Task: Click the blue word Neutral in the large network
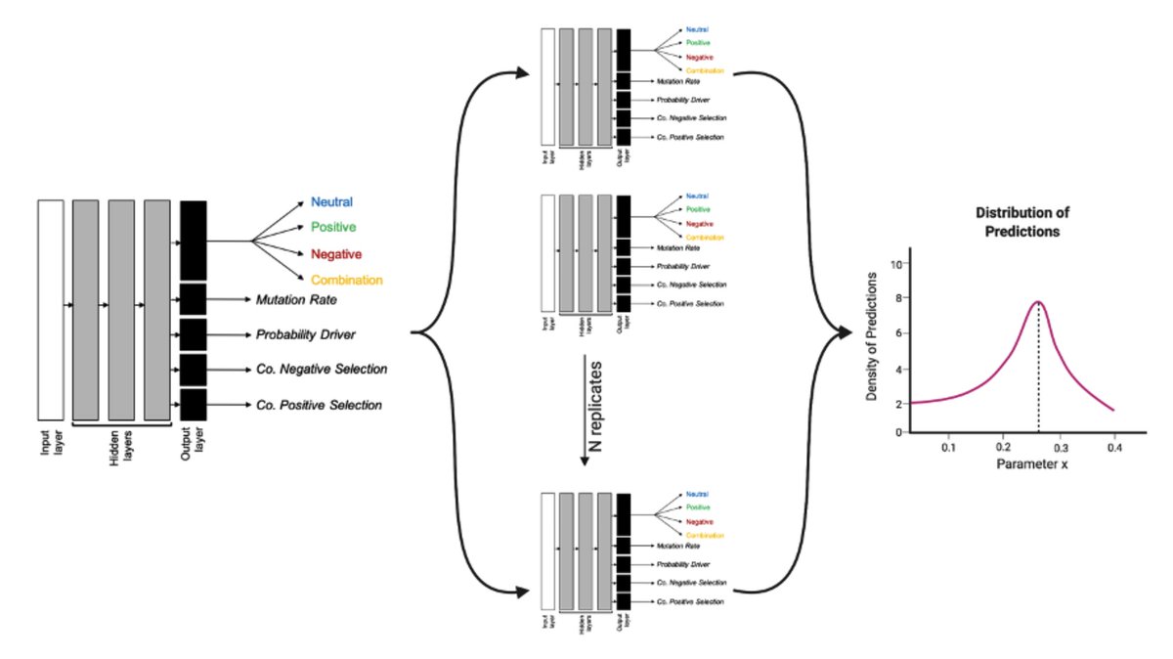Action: coord(331,202)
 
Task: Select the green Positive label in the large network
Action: coord(333,228)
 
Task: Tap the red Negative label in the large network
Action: coord(336,254)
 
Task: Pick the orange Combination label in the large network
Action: coord(347,281)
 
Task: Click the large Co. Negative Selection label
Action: coord(322,370)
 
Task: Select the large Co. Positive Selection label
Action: coord(319,405)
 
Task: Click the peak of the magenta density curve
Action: coord(1038,301)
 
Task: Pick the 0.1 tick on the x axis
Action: coord(948,447)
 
